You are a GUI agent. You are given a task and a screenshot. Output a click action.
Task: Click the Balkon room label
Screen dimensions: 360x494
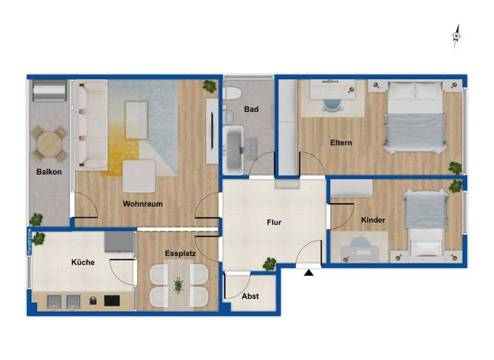coord(50,172)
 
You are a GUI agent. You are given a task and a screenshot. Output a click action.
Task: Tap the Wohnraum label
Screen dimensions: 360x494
coord(143,204)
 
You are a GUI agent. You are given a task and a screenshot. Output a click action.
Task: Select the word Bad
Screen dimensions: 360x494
coord(251,109)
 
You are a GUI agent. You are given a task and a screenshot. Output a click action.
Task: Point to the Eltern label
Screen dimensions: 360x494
coord(341,143)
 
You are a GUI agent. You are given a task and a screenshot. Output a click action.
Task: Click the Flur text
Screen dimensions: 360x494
coord(275,222)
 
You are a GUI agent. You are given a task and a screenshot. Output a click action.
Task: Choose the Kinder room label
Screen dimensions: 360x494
coord(373,220)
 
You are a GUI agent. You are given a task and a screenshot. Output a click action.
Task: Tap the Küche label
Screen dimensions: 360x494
coord(83,262)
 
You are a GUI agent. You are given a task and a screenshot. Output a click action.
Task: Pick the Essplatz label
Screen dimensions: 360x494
coord(180,254)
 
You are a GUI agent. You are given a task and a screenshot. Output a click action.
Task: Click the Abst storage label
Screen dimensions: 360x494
coord(250,296)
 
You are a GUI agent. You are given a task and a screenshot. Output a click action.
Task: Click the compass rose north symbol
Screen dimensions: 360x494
coord(456,36)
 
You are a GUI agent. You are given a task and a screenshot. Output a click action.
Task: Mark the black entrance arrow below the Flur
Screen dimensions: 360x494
coord(309,273)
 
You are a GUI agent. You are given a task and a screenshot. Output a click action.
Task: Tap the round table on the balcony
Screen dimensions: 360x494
coord(50,143)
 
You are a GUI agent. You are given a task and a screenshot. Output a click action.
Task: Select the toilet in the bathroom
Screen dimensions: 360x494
coord(232,93)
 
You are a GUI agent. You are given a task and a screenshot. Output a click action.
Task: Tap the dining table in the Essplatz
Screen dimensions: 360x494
coord(179,285)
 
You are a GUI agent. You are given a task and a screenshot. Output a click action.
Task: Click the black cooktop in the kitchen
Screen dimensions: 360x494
coord(111,300)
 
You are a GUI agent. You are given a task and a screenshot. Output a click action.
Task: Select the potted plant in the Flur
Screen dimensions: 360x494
coord(269,263)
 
